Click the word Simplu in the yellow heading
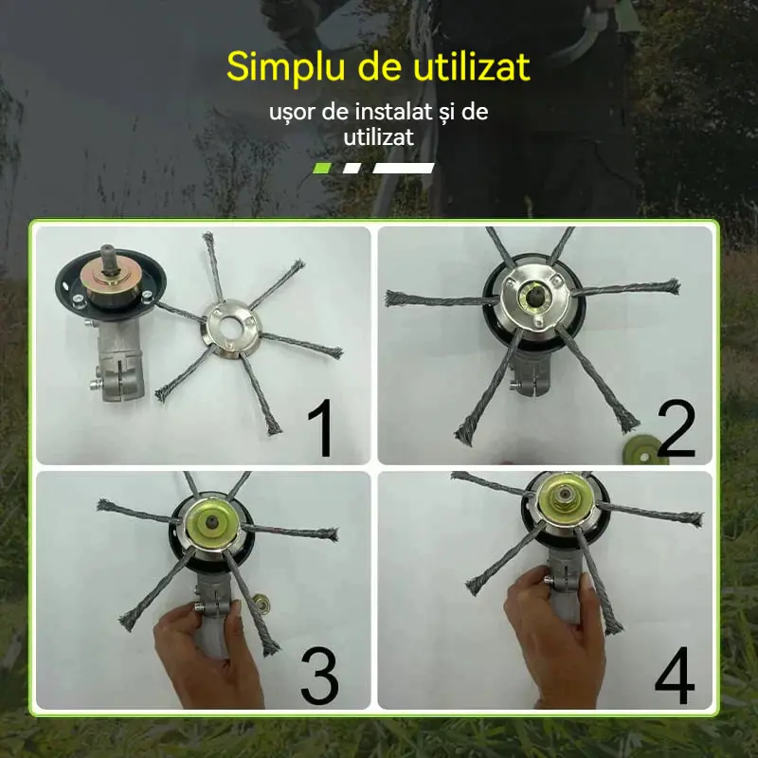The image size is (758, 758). (288, 67)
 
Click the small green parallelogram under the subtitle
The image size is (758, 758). (322, 169)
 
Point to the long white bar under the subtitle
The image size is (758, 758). (404, 169)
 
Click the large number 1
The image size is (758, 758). (321, 427)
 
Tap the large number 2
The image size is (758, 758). (676, 428)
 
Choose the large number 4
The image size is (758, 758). (675, 676)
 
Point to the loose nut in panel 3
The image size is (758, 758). (262, 604)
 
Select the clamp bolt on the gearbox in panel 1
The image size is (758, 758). (97, 386)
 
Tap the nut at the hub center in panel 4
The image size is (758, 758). (562, 496)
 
